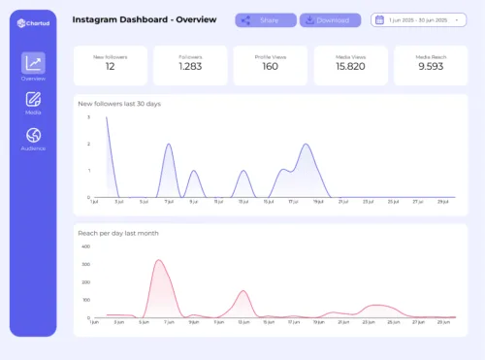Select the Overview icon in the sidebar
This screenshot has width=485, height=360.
point(33,64)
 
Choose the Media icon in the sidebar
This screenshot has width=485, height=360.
point(33,99)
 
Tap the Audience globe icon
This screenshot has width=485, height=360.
point(33,135)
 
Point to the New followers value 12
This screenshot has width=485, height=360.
point(111,66)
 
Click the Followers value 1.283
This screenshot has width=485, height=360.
point(190,66)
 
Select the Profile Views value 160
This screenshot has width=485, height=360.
point(271,66)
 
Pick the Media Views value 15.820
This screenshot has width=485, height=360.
point(350,66)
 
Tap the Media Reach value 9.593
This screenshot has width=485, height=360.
point(430,66)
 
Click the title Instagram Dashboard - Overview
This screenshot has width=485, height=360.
point(133,19)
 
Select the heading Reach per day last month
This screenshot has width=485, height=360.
point(118,233)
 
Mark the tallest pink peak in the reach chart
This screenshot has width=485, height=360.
point(159,260)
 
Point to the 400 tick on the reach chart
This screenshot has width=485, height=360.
point(86,246)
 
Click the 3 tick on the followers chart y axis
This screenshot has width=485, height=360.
point(89,116)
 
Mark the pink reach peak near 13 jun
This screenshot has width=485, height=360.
point(242,291)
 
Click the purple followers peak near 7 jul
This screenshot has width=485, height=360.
point(169,145)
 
